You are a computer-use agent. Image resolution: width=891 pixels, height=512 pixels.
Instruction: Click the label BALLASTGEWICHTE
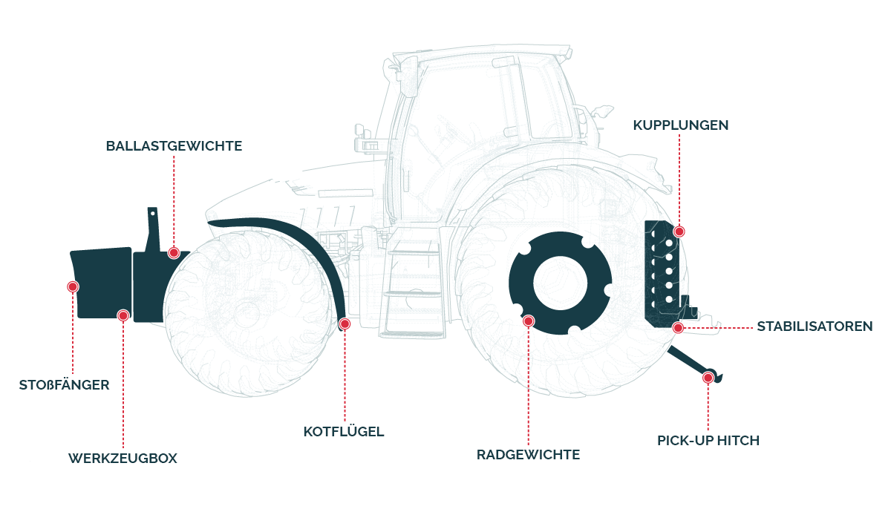[x=174, y=146]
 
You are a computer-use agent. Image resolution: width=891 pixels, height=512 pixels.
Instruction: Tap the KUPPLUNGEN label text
[x=680, y=125]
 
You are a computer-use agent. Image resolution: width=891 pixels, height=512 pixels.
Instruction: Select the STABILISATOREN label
[x=814, y=326]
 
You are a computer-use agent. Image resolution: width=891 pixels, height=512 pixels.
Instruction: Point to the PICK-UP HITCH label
[x=708, y=441]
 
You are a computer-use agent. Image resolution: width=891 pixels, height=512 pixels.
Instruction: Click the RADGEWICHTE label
[x=528, y=455]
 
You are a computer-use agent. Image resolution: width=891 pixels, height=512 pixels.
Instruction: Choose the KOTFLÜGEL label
[x=344, y=432]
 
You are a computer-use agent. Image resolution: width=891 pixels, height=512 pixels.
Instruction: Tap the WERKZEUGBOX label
[x=123, y=459]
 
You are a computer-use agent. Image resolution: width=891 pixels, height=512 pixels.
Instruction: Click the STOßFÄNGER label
[x=64, y=385]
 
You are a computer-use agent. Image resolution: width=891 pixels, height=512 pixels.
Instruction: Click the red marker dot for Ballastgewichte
[x=174, y=252]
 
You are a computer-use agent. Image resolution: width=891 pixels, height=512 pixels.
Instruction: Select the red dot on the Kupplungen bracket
[x=679, y=232]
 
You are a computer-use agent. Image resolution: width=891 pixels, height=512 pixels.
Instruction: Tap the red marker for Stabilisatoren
[x=677, y=327]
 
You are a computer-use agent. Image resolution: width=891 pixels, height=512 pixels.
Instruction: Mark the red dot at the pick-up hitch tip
[x=708, y=378]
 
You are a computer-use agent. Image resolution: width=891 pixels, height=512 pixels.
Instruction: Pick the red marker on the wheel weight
[x=528, y=321]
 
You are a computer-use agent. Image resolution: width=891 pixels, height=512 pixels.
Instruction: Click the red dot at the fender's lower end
[x=344, y=324]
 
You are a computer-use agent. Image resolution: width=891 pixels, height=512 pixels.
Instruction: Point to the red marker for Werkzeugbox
[x=123, y=315]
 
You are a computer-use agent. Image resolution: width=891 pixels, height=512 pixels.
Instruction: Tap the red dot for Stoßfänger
[x=73, y=286]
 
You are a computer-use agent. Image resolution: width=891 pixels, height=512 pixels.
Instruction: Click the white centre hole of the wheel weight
[x=560, y=283]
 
